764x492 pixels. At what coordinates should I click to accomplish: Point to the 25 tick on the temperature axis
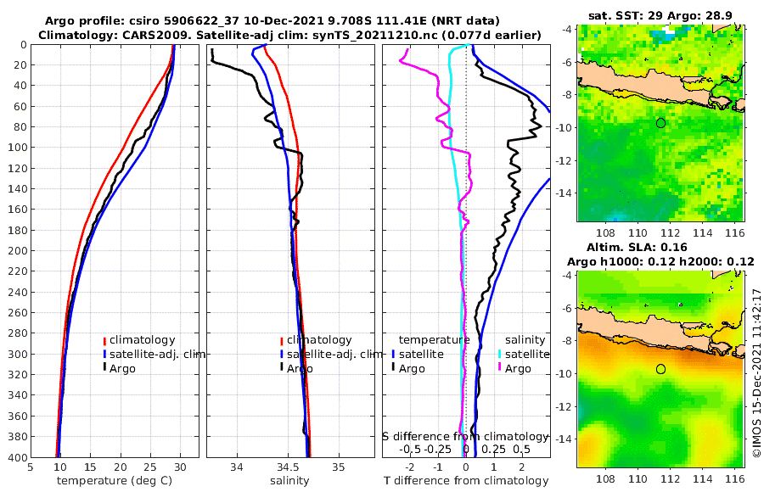[x=150, y=467]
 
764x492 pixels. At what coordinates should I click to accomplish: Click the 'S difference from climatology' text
[x=465, y=435]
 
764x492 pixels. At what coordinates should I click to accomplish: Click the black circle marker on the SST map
[x=661, y=123]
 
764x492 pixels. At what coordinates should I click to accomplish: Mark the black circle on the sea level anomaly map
[x=661, y=369]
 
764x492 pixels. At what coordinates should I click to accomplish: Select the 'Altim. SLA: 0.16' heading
[x=661, y=248]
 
